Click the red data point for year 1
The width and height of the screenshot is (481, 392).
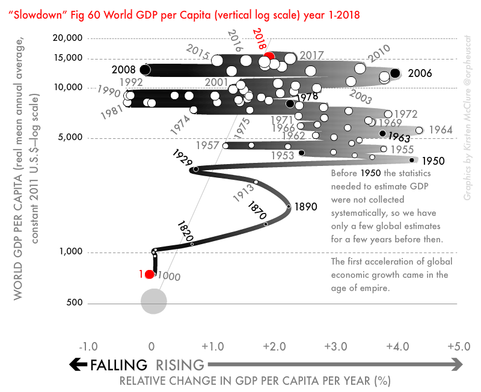(x=150, y=275)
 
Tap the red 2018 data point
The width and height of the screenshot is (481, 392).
(x=268, y=55)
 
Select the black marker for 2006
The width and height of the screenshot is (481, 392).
(x=395, y=73)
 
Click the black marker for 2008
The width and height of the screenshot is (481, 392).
(x=145, y=70)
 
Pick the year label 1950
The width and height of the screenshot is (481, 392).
(x=433, y=161)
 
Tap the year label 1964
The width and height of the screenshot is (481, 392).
(x=441, y=130)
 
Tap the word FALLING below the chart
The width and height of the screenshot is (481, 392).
(x=118, y=364)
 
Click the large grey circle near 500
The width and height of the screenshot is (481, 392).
(x=153, y=301)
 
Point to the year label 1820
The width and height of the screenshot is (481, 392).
(x=186, y=230)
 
